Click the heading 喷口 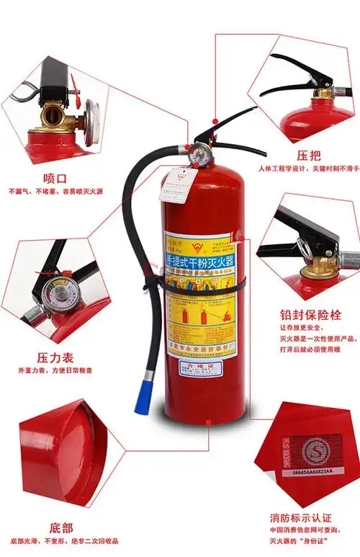click(x=54, y=177)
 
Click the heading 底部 click(x=53, y=527)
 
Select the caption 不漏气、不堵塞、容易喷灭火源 click(x=55, y=192)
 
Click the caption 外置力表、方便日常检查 click(x=55, y=370)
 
